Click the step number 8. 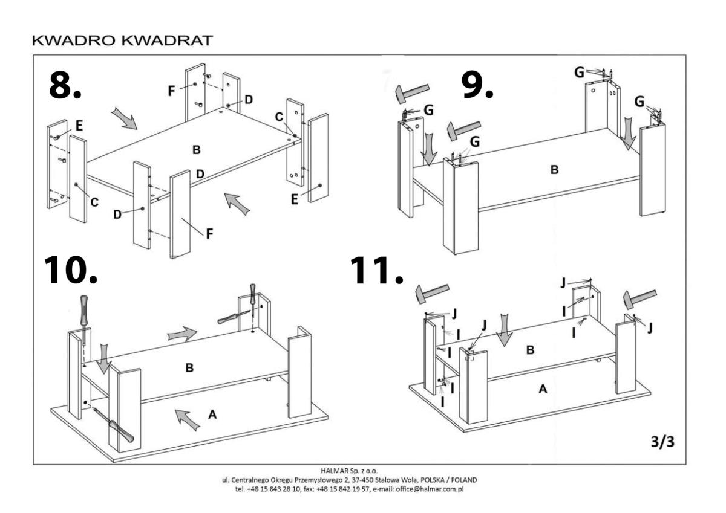click(64, 86)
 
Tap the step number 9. click(477, 85)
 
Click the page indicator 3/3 click(662, 442)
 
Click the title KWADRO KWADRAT click(122, 41)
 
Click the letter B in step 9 click(554, 170)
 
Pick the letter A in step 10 click(212, 414)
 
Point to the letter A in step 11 click(543, 390)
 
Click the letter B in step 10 click(189, 367)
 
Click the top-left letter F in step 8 click(172, 91)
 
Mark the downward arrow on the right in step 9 click(629, 134)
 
